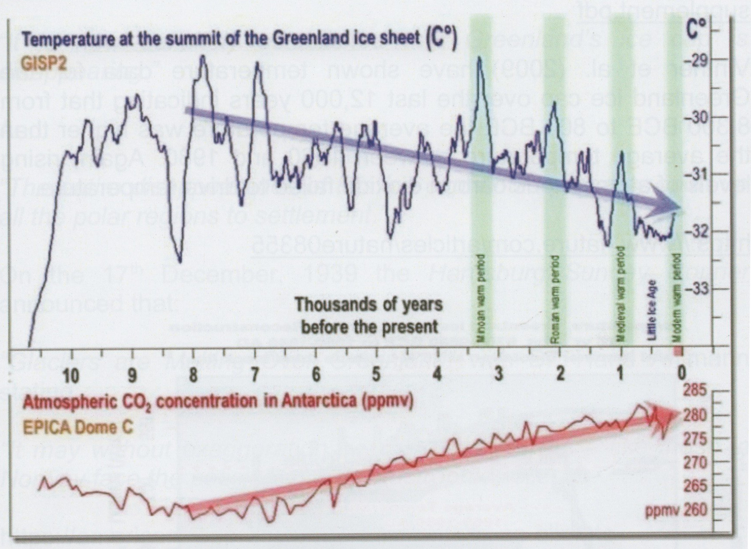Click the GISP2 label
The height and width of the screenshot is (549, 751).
pyautogui.click(x=44, y=64)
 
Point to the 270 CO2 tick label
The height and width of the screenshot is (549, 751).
pyautogui.click(x=695, y=463)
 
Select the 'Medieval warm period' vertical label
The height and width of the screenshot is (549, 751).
pyautogui.click(x=622, y=295)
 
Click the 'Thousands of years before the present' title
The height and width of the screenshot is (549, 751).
pyautogui.click(x=369, y=315)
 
